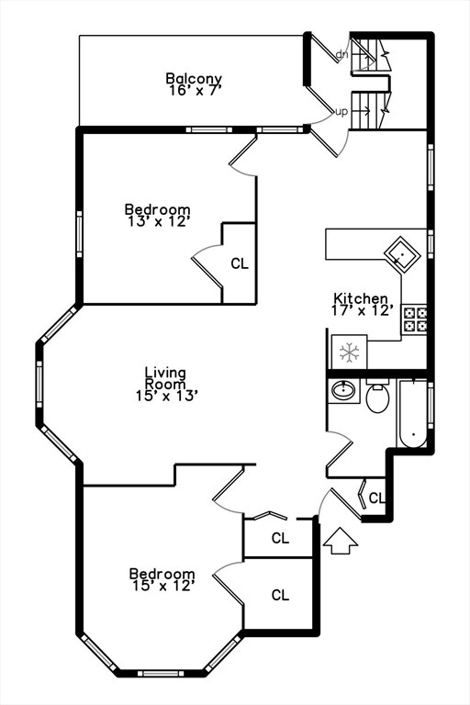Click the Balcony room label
(x=194, y=78)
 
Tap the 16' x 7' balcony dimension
(x=194, y=90)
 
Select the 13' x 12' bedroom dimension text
(x=157, y=221)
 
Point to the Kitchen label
(x=362, y=298)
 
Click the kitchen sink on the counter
(x=402, y=252)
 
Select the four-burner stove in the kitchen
(x=415, y=319)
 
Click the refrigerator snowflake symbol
(x=349, y=352)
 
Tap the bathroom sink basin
(x=344, y=392)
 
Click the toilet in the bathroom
(x=377, y=397)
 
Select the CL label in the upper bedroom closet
(x=239, y=264)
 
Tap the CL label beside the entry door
(x=376, y=498)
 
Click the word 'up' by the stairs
(x=341, y=112)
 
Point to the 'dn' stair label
(x=341, y=55)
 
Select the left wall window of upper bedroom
(x=79, y=233)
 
